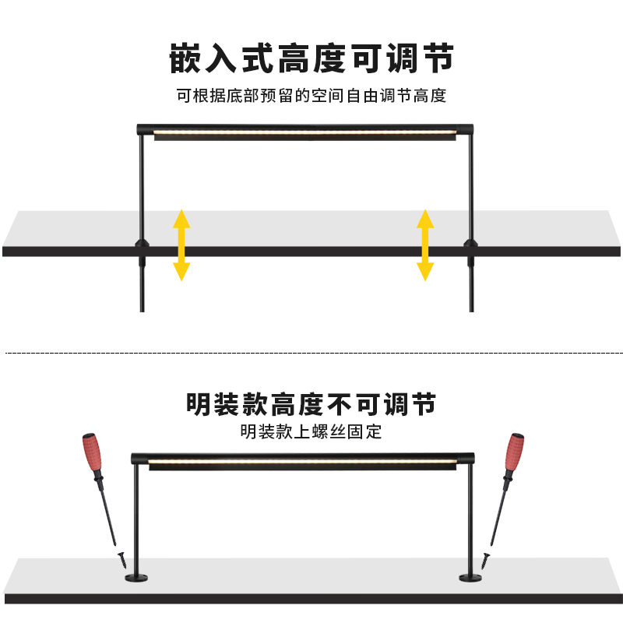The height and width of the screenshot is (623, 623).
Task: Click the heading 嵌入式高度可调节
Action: click(x=311, y=58)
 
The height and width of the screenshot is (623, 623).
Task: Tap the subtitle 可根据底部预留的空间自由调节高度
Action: click(x=311, y=97)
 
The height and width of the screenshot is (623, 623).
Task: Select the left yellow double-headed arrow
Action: click(x=181, y=245)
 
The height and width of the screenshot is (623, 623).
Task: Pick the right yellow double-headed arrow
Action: click(x=425, y=245)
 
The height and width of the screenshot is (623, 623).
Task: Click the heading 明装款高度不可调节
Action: click(x=311, y=405)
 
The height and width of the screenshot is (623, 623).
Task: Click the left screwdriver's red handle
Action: click(x=92, y=453)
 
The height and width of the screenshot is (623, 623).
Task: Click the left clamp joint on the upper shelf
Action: click(x=141, y=248)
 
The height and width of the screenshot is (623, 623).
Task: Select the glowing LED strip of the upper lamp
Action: click(x=304, y=134)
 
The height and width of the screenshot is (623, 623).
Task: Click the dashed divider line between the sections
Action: click(x=311, y=353)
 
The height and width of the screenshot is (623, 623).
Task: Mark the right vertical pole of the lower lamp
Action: click(x=470, y=518)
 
